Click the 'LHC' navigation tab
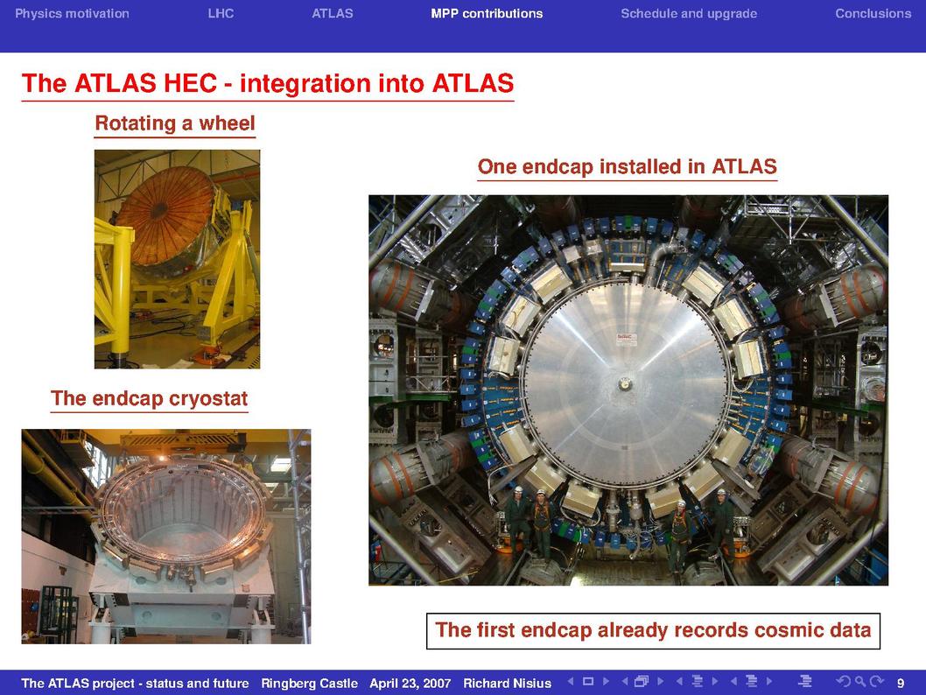221,14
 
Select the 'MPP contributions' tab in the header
487,14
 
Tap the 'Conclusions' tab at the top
873,14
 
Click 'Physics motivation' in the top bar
72,14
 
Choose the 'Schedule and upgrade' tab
689,14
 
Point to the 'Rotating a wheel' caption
175,123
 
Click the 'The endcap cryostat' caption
149,398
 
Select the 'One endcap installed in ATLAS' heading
628,166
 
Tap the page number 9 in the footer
901,684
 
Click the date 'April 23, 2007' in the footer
410,684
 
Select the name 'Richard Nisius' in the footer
508,684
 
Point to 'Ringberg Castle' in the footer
310,684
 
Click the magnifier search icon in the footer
859,681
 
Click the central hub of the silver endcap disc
624,384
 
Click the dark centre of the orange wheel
158,209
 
